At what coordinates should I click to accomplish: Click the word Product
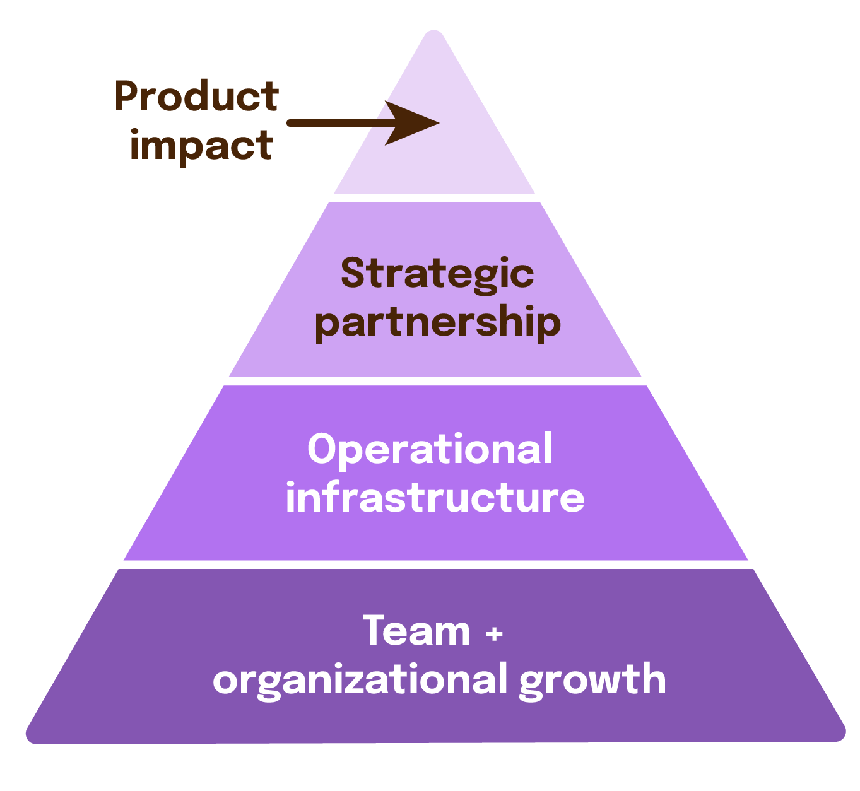(x=196, y=98)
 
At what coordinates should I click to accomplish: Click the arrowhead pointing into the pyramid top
(x=413, y=123)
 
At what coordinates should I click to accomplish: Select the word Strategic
(x=437, y=274)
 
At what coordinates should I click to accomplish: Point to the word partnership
(x=437, y=323)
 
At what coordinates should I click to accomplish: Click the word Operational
(x=430, y=449)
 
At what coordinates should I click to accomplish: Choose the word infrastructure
(x=435, y=498)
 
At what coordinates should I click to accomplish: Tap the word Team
(x=416, y=631)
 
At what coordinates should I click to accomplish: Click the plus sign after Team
(x=495, y=633)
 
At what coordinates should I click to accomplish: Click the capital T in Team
(x=376, y=631)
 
